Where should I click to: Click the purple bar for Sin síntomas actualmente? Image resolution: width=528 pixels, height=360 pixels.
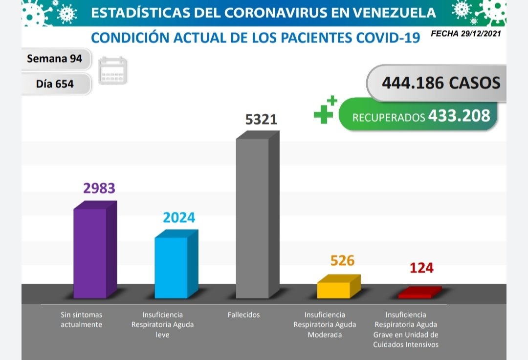tap(90, 253)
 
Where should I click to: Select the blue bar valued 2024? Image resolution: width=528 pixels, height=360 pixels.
tap(172, 267)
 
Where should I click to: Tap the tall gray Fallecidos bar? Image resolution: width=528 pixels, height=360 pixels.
tap(253, 218)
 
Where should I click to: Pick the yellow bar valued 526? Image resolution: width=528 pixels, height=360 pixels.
tap(334, 290)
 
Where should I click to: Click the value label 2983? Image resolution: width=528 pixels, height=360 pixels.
tap(99, 188)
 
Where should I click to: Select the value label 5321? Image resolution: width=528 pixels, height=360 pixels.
tap(261, 119)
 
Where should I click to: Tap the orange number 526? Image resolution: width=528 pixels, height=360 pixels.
tap(342, 260)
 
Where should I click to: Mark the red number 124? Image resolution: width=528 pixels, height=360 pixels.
tap(421, 268)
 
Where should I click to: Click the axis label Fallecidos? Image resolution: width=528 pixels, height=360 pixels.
tap(243, 315)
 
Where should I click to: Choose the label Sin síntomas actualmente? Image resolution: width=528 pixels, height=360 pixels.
tap(81, 319)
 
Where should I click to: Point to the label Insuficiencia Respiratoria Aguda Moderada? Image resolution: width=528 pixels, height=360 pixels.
tap(325, 325)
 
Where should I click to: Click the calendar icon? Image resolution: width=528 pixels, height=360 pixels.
tap(113, 71)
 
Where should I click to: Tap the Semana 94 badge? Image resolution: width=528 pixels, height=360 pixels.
tap(54, 59)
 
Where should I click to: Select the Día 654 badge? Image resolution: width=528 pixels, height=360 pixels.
tap(55, 84)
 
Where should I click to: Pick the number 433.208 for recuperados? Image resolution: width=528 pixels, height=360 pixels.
tap(459, 115)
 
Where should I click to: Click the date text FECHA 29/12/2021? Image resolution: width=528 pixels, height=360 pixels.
tap(466, 34)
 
